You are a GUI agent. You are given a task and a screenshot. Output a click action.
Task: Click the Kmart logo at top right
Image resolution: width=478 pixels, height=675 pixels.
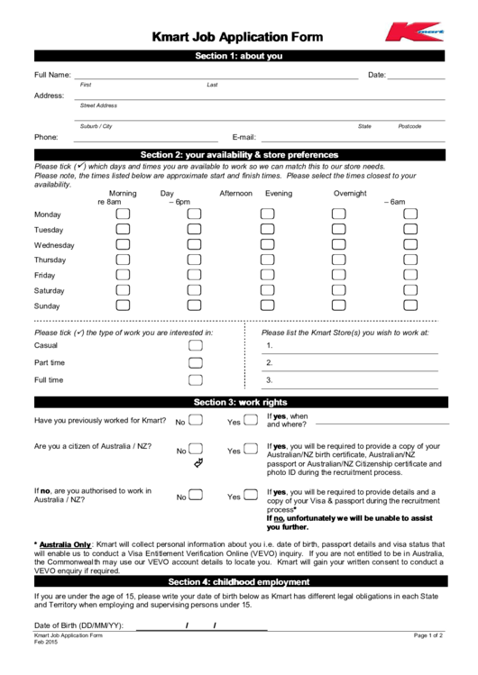click(x=414, y=33)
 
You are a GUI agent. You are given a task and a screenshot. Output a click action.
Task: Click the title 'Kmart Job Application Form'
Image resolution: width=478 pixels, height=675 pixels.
click(x=239, y=37)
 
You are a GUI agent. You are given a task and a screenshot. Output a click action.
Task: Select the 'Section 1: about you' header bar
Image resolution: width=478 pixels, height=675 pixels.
click(x=239, y=56)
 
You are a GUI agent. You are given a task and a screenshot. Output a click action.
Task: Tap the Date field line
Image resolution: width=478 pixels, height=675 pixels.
click(x=416, y=77)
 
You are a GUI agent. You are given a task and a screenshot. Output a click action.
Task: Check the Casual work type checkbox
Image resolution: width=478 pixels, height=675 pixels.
click(x=196, y=346)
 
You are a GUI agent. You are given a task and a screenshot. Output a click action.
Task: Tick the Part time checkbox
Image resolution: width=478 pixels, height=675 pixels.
click(x=196, y=363)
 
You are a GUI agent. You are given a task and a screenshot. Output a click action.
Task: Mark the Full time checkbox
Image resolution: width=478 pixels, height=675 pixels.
click(x=196, y=380)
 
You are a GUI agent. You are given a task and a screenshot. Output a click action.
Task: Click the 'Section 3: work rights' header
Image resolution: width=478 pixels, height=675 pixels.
click(x=239, y=401)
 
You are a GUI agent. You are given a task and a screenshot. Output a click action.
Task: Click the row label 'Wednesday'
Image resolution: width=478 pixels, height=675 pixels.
click(x=54, y=245)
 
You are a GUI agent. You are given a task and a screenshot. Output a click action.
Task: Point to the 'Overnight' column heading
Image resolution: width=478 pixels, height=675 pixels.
click(x=350, y=194)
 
